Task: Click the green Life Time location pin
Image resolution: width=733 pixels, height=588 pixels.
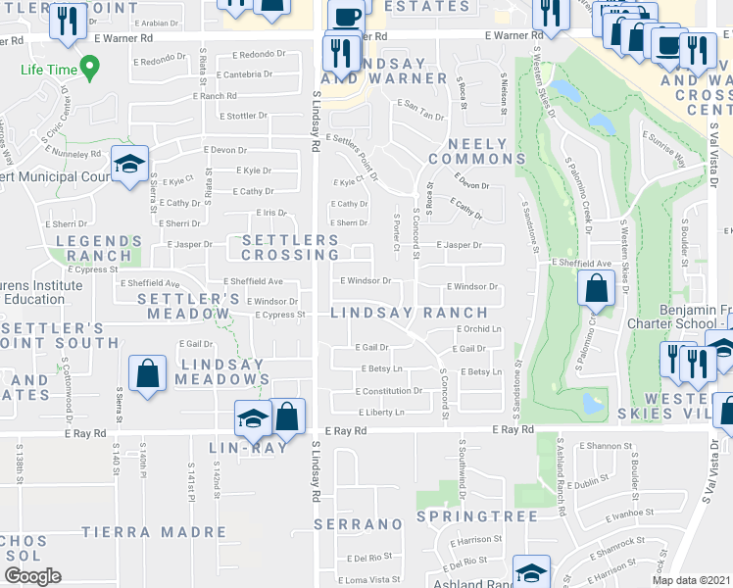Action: tap(90, 69)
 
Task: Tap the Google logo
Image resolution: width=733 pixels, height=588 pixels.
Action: tap(33, 575)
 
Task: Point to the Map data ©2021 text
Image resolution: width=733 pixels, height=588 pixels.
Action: tap(690, 580)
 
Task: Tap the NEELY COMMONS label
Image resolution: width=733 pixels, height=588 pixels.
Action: tap(469, 151)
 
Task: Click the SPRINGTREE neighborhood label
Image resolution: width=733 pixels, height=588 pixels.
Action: tap(477, 515)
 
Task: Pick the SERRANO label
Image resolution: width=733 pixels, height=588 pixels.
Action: tap(354, 525)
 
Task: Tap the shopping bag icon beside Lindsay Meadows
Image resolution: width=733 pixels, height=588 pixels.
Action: tap(147, 375)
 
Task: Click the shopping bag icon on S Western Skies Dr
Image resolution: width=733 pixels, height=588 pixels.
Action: tap(596, 290)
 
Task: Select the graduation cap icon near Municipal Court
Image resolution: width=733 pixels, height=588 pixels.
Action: tap(128, 167)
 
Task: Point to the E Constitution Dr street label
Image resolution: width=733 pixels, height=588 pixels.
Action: tap(389, 390)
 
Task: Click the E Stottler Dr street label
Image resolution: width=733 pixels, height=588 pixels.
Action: tap(243, 116)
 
